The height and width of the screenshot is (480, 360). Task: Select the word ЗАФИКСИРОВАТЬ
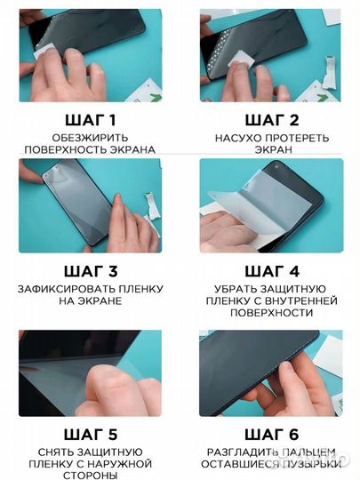click(x=76, y=289)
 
